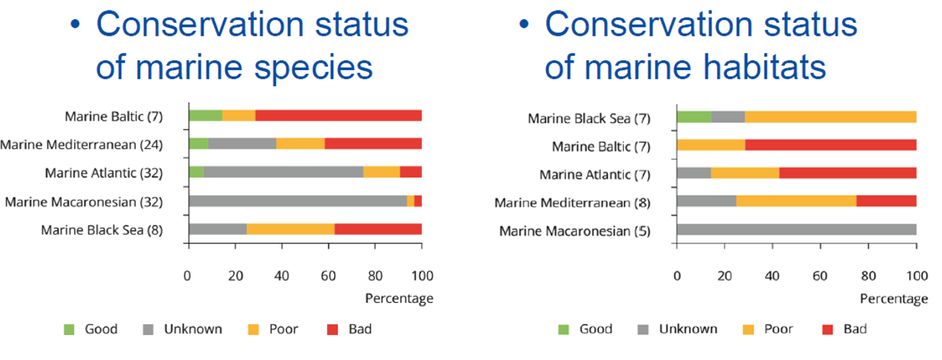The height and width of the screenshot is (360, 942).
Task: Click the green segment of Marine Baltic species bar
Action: pos(205,116)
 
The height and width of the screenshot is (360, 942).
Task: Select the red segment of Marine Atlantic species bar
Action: pos(410,172)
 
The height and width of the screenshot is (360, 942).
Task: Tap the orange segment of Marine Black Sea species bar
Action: pos(291,229)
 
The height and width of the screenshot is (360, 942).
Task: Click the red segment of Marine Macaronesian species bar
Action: pos(418,201)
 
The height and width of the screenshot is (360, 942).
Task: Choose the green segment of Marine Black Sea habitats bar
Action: pos(693,117)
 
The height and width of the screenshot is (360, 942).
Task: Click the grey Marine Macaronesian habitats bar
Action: pos(796,230)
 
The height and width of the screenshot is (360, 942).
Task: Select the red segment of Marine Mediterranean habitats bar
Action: pos(886,201)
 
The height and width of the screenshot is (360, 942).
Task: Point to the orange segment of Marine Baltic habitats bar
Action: pos(711,145)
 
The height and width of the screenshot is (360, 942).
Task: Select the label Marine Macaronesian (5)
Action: pos(574,230)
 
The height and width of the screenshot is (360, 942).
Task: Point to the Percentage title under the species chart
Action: pos(399,298)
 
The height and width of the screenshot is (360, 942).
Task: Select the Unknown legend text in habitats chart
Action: pos(688,329)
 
